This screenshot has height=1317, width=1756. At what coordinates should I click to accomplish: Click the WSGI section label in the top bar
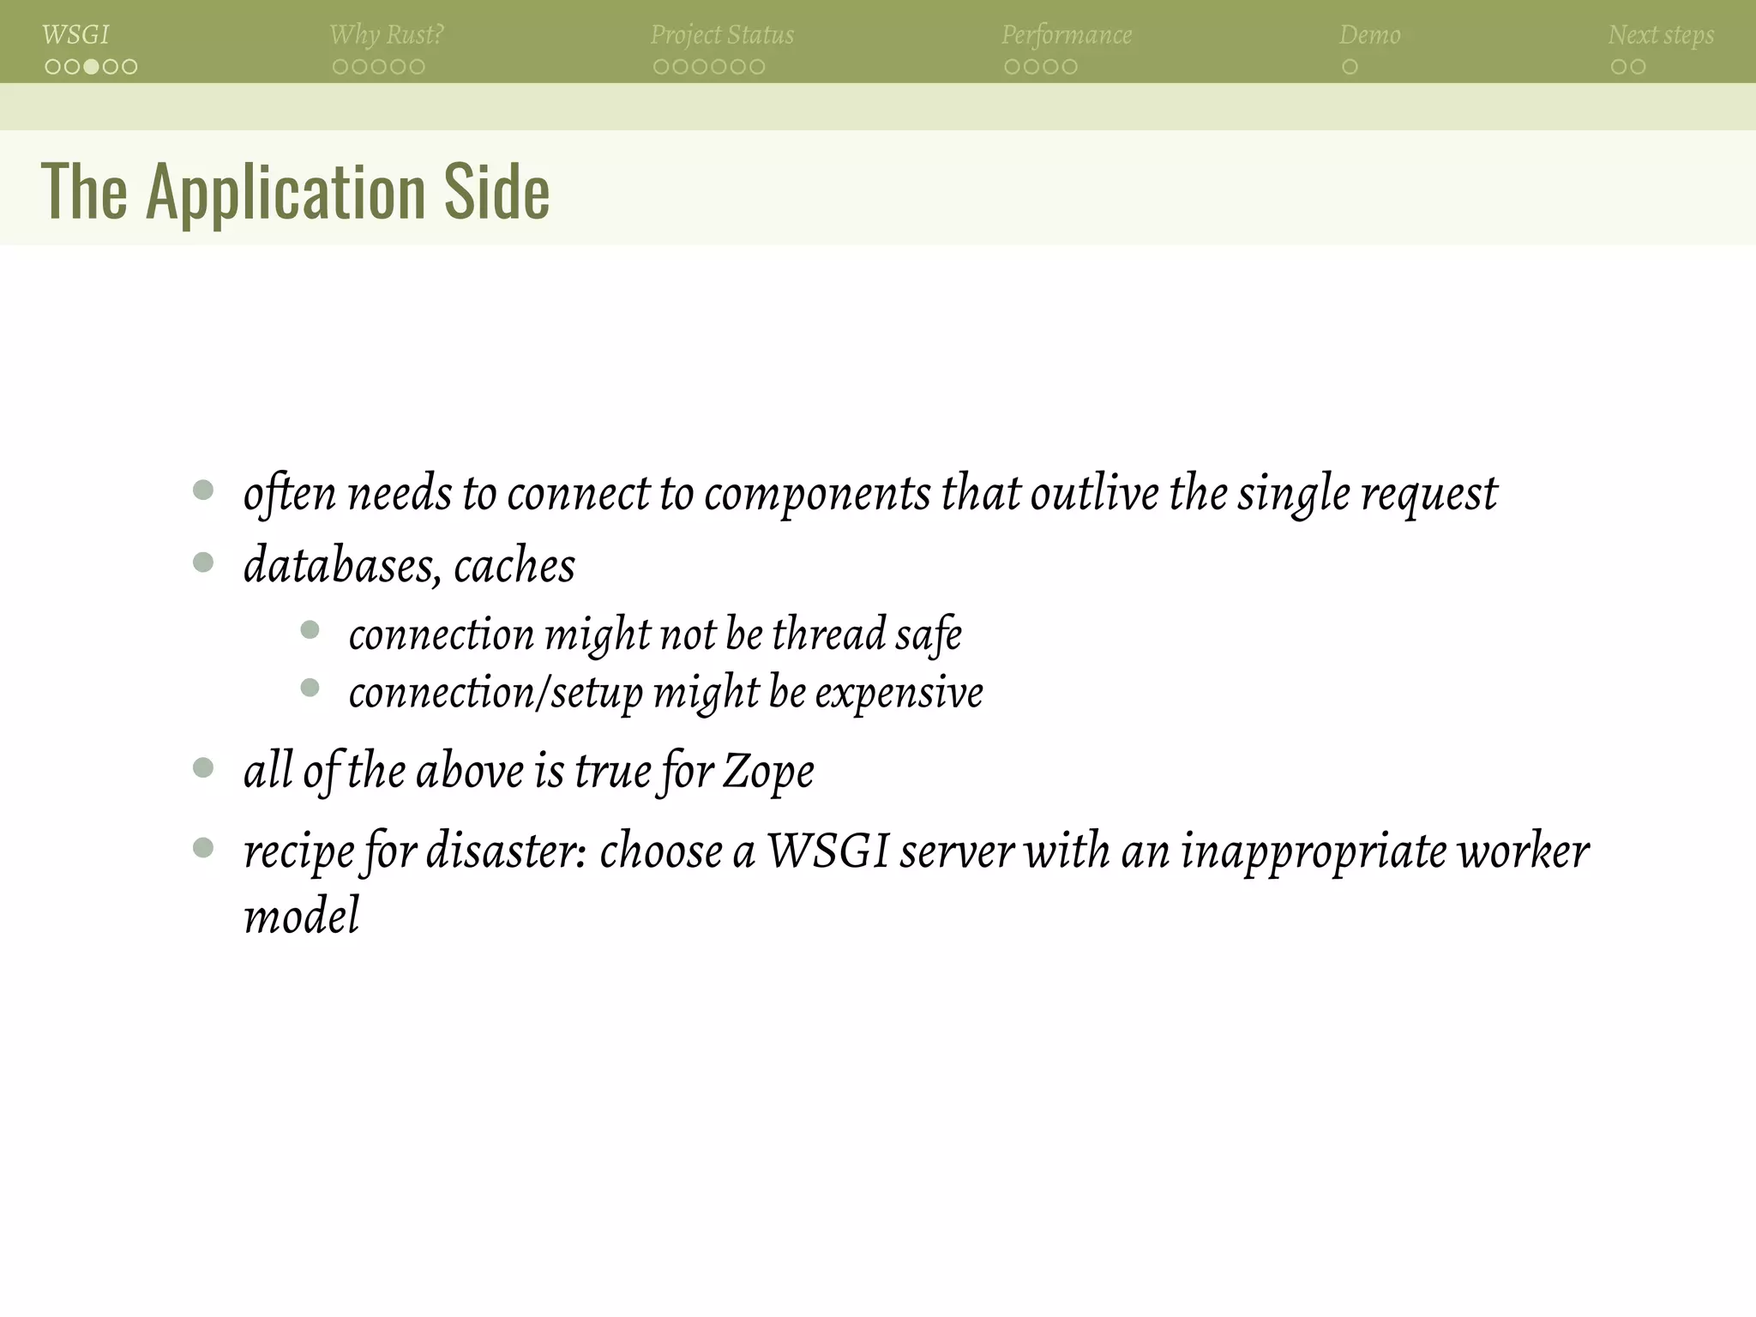(75, 35)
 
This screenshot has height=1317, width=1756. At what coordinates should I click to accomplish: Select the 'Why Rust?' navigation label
(387, 35)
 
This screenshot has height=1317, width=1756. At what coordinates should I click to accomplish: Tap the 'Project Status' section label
(722, 35)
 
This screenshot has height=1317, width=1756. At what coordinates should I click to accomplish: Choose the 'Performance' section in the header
(1067, 35)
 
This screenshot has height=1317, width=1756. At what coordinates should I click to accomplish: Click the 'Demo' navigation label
(1369, 35)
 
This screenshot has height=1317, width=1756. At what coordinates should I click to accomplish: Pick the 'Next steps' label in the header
(1661, 35)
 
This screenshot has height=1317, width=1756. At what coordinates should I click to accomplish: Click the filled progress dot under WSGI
(91, 67)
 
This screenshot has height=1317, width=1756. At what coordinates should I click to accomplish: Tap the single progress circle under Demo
(1350, 67)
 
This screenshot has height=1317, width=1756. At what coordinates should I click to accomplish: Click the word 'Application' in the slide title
(286, 192)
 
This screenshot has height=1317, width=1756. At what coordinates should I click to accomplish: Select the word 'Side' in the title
(496, 192)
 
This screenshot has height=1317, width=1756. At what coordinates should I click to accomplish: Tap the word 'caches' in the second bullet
(514, 566)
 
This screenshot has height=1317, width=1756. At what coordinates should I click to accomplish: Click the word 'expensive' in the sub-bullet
(899, 693)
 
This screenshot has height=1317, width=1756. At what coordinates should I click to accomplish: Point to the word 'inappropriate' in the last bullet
(1313, 851)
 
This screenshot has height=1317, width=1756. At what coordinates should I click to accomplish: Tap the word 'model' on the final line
(302, 916)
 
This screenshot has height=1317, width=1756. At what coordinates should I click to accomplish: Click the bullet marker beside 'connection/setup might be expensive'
(310, 688)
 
